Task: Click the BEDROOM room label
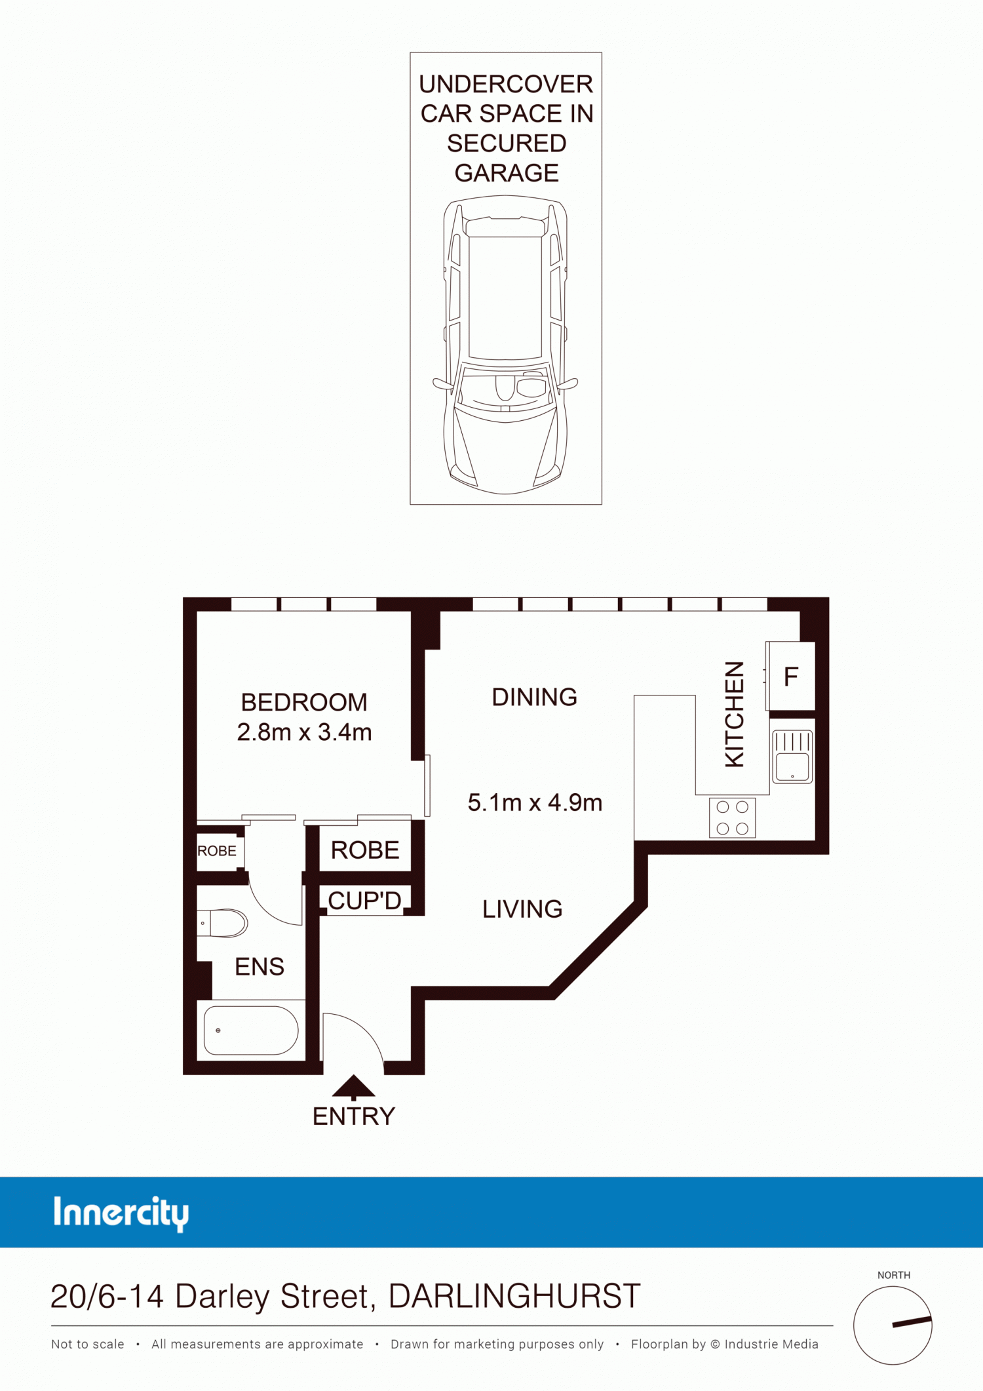click(304, 702)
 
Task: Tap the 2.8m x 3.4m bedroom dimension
click(304, 732)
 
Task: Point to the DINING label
click(535, 697)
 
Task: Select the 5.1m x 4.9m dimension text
click(535, 802)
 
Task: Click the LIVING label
click(522, 909)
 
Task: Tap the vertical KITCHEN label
click(735, 714)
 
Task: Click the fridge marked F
click(791, 676)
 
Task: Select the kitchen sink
click(792, 756)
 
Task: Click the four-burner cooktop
click(732, 817)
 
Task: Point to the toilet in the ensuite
click(223, 923)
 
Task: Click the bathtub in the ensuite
click(251, 1030)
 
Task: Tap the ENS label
click(260, 967)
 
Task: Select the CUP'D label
click(364, 901)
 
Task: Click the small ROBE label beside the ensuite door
click(217, 851)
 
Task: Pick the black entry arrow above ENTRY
click(354, 1087)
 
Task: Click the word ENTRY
click(354, 1116)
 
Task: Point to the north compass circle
click(893, 1325)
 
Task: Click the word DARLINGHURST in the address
click(514, 1296)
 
